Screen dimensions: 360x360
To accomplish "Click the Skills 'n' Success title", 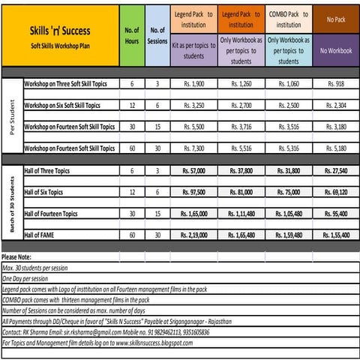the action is (61, 33).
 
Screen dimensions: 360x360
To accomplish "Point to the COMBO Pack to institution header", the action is (289, 19).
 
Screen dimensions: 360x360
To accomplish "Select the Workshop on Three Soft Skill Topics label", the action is (70, 85).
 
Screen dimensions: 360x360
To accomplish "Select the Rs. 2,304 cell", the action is (335, 106).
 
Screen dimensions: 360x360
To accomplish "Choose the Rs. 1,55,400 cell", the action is (335, 235).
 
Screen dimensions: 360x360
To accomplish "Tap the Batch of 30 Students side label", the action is (11, 202).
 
